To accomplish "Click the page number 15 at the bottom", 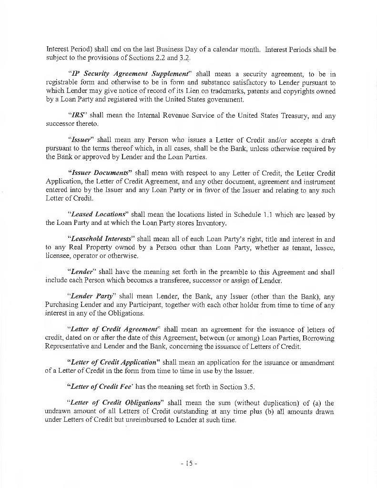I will tap(188, 463).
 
